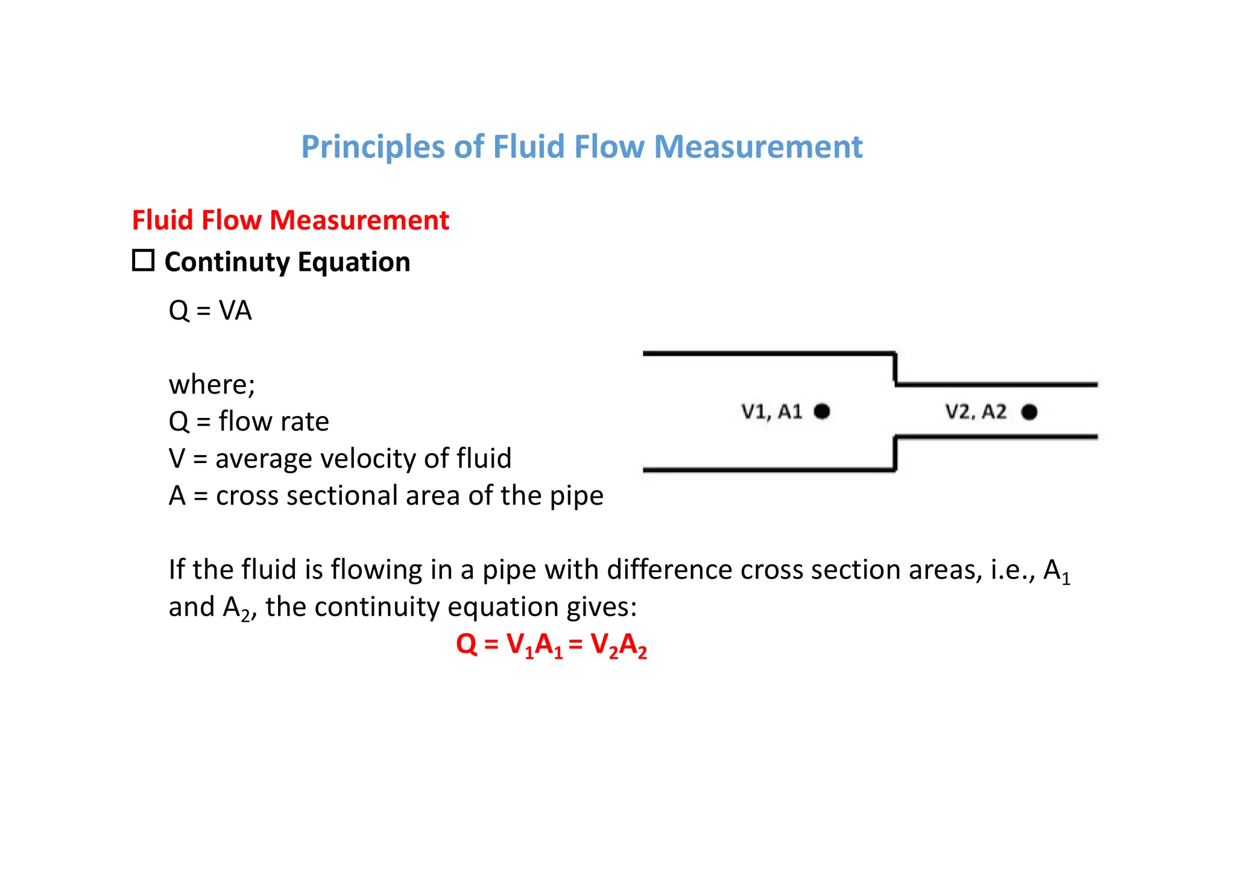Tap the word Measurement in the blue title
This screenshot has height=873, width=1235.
(x=758, y=147)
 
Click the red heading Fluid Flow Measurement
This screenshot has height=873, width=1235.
(x=290, y=220)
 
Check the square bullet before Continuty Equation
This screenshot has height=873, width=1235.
(x=143, y=260)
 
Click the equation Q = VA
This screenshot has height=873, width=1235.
(x=210, y=311)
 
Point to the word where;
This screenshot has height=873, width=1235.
(x=212, y=385)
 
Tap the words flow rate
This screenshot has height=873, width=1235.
(x=274, y=421)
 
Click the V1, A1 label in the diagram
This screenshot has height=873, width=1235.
(x=771, y=412)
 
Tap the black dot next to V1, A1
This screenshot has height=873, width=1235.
(x=821, y=411)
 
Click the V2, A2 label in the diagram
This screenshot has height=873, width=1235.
(x=975, y=412)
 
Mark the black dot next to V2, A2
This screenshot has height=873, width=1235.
(x=1029, y=412)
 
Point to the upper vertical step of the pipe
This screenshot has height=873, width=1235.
(x=895, y=368)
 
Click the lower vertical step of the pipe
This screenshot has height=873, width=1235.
(x=895, y=453)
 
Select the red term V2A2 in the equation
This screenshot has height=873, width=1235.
(x=619, y=645)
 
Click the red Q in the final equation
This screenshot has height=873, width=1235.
(x=466, y=644)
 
